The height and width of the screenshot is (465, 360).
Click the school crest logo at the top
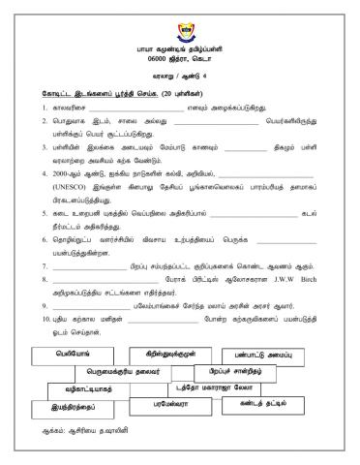[180, 18]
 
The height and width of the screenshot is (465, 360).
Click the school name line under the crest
[180, 39]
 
